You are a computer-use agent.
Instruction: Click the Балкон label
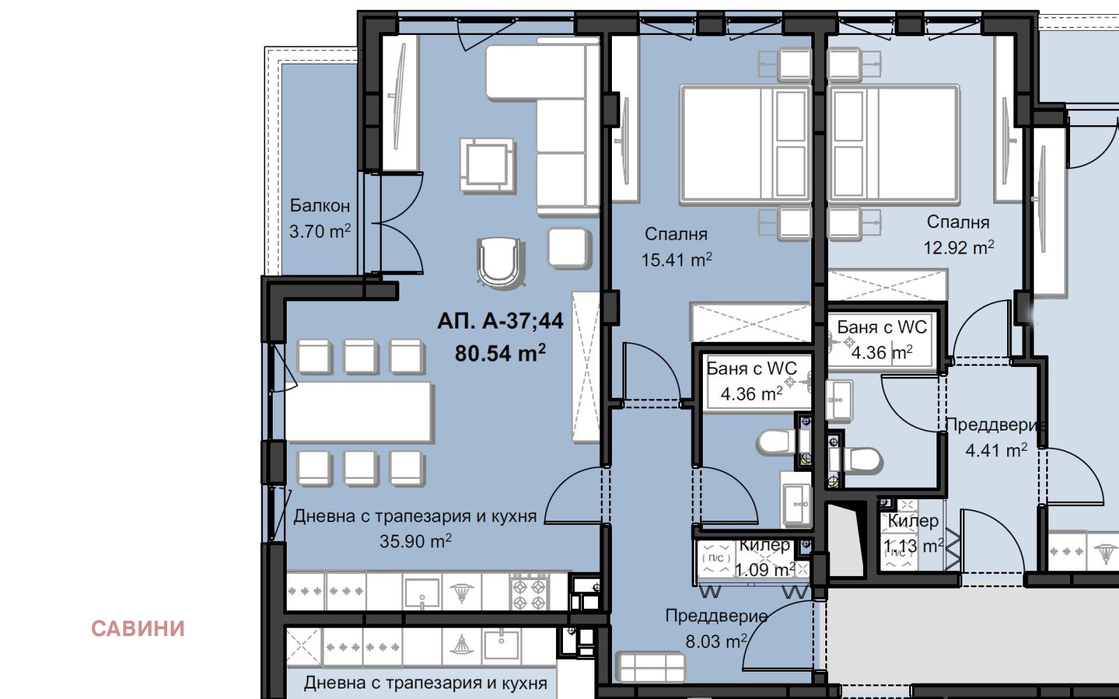pyautogui.click(x=320, y=206)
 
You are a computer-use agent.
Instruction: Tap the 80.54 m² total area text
pyautogui.click(x=500, y=353)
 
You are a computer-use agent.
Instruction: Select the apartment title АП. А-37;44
pyautogui.click(x=500, y=321)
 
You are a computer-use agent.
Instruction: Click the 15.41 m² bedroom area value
pyautogui.click(x=676, y=259)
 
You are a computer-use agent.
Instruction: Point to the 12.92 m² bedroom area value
pyautogui.click(x=958, y=247)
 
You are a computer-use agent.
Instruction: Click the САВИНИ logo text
pyautogui.click(x=138, y=628)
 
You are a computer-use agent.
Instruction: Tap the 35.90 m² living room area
pyautogui.click(x=415, y=541)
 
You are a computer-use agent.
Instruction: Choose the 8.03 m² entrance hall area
pyautogui.click(x=716, y=641)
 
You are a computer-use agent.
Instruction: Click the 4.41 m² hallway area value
pyautogui.click(x=996, y=450)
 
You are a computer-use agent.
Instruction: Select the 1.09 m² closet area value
pyautogui.click(x=765, y=569)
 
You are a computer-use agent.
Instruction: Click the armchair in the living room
pyautogui.click(x=501, y=263)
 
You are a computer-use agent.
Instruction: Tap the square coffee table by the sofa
pyautogui.click(x=487, y=165)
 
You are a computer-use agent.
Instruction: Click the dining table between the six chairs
pyautogui.click(x=359, y=412)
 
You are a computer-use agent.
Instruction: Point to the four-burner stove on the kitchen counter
pyautogui.click(x=529, y=591)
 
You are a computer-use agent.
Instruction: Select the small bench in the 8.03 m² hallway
pyautogui.click(x=650, y=667)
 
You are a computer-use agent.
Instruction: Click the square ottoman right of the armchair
pyautogui.click(x=569, y=247)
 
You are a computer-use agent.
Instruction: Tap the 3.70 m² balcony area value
pyautogui.click(x=320, y=231)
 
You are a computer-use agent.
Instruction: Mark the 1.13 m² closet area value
pyautogui.click(x=913, y=546)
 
